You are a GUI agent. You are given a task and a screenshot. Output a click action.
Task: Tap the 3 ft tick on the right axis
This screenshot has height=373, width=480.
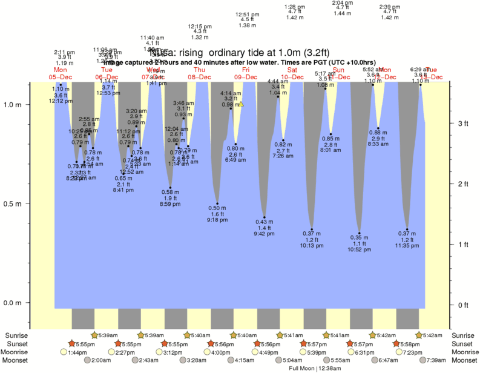[463, 124]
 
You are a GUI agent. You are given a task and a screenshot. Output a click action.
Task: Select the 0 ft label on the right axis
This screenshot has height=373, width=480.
[463, 305]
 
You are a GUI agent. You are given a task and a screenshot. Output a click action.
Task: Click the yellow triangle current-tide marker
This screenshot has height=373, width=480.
[241, 104]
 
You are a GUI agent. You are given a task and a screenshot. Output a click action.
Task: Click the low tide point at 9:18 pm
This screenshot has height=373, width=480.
[217, 203]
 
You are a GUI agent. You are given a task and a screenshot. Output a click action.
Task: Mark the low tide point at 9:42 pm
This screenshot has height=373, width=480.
[264, 217]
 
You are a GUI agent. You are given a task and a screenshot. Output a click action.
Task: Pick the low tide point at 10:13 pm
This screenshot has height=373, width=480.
[312, 229]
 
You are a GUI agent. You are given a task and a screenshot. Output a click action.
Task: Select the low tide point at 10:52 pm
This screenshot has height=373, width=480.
[359, 233]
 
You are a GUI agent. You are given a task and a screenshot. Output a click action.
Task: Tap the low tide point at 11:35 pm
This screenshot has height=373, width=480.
[407, 229]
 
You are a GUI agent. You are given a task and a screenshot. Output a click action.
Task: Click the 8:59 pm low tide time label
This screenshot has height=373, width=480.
[170, 203]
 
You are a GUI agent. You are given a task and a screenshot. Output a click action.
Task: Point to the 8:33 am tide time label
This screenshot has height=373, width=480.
[378, 144]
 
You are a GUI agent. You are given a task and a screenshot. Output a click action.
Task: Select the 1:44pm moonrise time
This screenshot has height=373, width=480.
[77, 352]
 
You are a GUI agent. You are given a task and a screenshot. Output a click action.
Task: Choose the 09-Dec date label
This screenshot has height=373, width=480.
[246, 77]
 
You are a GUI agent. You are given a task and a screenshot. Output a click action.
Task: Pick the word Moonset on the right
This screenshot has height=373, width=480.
[463, 360]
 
